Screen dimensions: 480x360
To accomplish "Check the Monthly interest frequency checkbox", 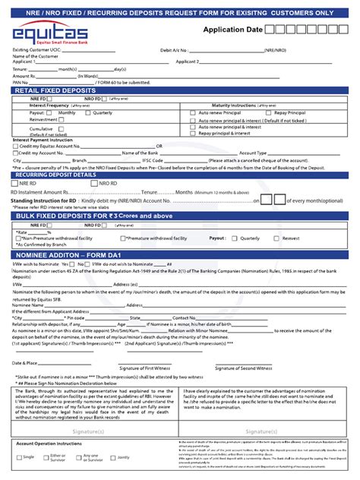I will click(x=53, y=112).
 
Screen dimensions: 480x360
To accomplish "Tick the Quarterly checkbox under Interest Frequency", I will click(x=88, y=112).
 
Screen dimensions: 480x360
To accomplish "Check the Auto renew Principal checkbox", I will click(x=193, y=112).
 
